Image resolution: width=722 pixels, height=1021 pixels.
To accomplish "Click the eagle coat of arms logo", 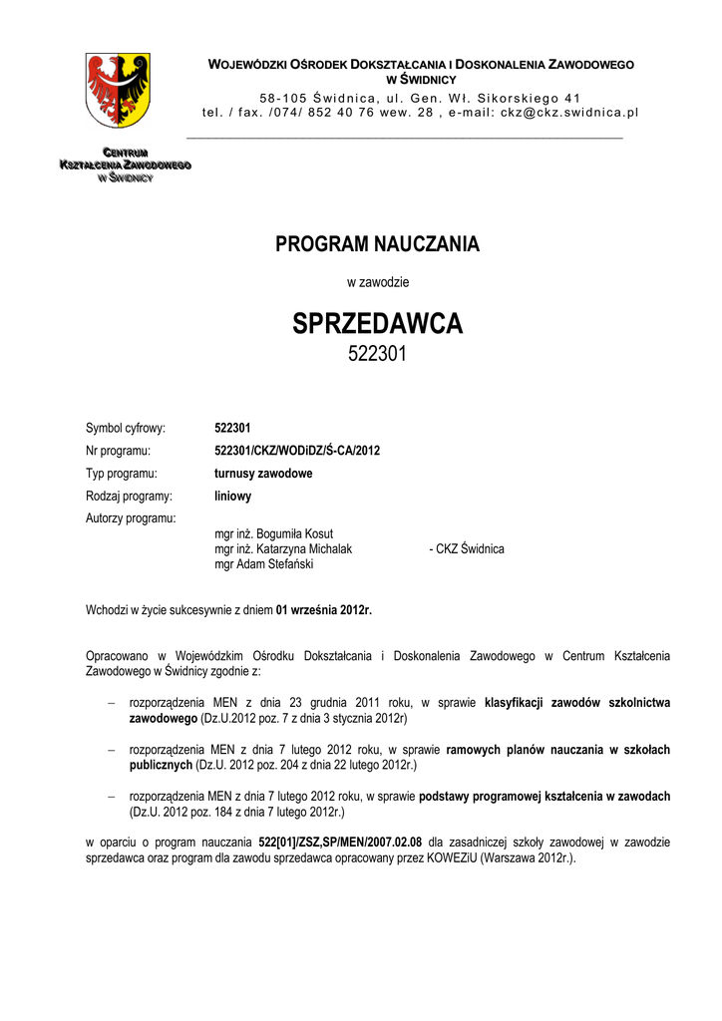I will click(118, 90).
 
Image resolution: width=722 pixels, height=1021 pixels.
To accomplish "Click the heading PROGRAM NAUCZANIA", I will click(377, 244).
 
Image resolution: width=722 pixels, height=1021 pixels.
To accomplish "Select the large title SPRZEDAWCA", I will click(377, 324).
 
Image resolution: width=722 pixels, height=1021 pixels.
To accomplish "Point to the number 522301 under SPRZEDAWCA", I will click(377, 354).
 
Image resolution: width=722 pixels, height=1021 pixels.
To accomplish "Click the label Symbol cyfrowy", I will click(126, 428).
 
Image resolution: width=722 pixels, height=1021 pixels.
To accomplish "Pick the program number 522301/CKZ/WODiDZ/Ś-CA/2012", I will click(297, 451).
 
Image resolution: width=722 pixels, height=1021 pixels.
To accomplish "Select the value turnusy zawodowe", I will click(263, 474).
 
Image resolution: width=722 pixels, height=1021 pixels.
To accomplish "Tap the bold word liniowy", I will click(233, 496).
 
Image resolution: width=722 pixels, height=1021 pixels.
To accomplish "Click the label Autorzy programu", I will click(131, 518).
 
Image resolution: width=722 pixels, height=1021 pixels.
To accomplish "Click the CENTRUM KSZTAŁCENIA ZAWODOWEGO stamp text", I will click(125, 164).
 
